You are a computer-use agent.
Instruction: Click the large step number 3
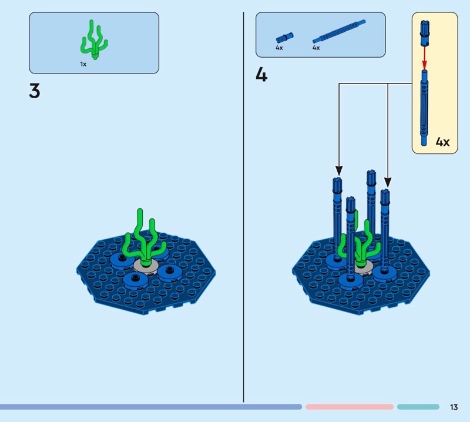(35, 91)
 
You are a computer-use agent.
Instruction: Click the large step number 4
(261, 75)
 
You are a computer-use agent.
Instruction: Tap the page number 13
(454, 407)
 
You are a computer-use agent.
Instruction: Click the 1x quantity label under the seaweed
(83, 63)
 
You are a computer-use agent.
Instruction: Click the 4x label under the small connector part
(279, 48)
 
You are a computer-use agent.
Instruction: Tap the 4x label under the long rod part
(316, 48)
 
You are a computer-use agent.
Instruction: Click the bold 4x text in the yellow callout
(442, 142)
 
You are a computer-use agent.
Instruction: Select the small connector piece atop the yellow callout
(425, 32)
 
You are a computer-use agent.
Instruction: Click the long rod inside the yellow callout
(425, 103)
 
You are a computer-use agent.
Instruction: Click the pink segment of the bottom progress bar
(349, 407)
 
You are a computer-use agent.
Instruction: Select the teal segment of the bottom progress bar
(418, 407)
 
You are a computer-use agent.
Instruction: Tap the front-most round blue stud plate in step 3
(136, 279)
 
